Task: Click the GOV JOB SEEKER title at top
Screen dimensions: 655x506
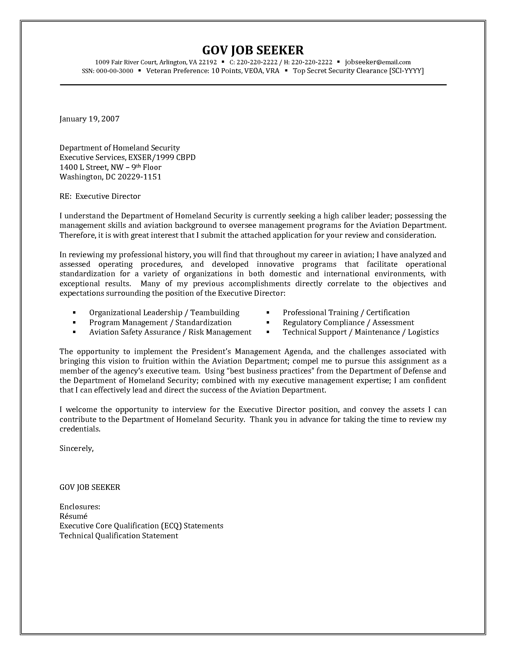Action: click(x=253, y=50)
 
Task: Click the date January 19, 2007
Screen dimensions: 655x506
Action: click(x=89, y=119)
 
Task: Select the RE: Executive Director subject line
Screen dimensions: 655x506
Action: click(x=100, y=196)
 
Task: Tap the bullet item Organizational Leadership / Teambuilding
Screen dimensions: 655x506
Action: click(x=164, y=313)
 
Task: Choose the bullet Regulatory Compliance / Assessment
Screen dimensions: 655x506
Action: click(x=348, y=323)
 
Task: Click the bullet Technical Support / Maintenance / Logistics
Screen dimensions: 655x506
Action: click(x=360, y=332)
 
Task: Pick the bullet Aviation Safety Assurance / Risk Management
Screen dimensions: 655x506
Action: click(x=170, y=332)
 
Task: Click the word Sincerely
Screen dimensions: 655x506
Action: click(x=76, y=449)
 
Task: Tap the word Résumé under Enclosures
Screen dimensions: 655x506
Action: click(x=73, y=516)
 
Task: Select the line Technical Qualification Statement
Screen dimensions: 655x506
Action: click(x=119, y=536)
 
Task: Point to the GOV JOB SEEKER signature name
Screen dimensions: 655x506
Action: click(x=90, y=487)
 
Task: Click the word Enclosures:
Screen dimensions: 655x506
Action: click(x=79, y=507)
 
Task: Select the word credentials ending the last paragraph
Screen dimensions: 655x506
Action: click(x=79, y=429)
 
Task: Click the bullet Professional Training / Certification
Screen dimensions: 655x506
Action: click(x=346, y=313)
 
